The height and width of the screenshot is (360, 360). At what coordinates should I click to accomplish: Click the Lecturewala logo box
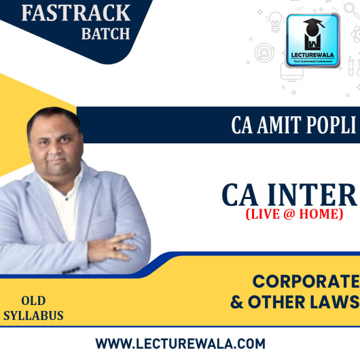[313, 41]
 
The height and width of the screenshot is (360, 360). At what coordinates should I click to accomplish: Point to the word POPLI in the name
[322, 127]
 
